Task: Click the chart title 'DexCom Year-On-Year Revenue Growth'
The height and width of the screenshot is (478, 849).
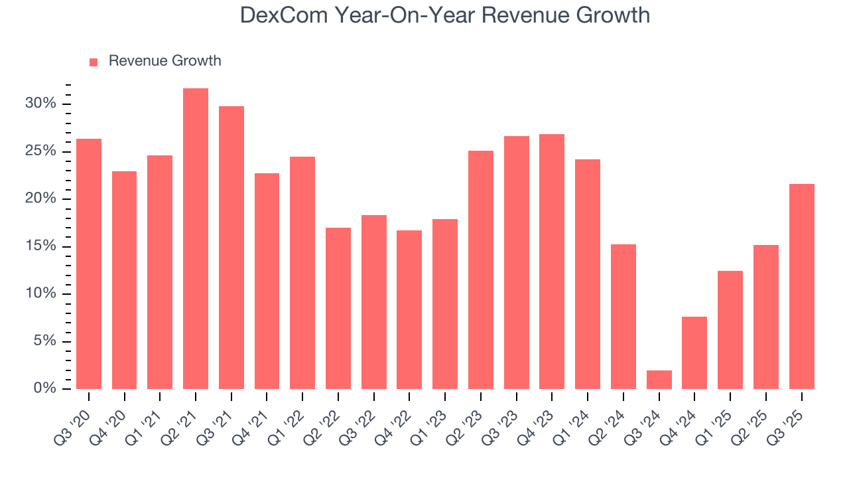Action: coord(445,16)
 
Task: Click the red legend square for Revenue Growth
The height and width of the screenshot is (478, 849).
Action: coord(94,62)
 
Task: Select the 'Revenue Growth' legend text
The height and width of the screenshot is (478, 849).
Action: coord(164,61)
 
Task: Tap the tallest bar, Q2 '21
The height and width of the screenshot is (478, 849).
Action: coord(196,239)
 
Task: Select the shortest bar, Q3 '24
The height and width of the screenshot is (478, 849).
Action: coord(659,380)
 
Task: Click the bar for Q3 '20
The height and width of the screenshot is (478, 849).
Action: coord(89,264)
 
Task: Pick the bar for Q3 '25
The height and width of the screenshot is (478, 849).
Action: coord(801,287)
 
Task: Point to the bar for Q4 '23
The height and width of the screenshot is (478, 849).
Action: coord(552,262)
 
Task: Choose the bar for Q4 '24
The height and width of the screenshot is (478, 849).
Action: coord(694,353)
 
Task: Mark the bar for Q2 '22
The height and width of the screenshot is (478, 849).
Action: coord(338,309)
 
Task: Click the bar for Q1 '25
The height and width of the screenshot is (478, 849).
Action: coord(730,330)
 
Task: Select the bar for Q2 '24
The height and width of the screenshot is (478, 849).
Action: coord(623,317)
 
